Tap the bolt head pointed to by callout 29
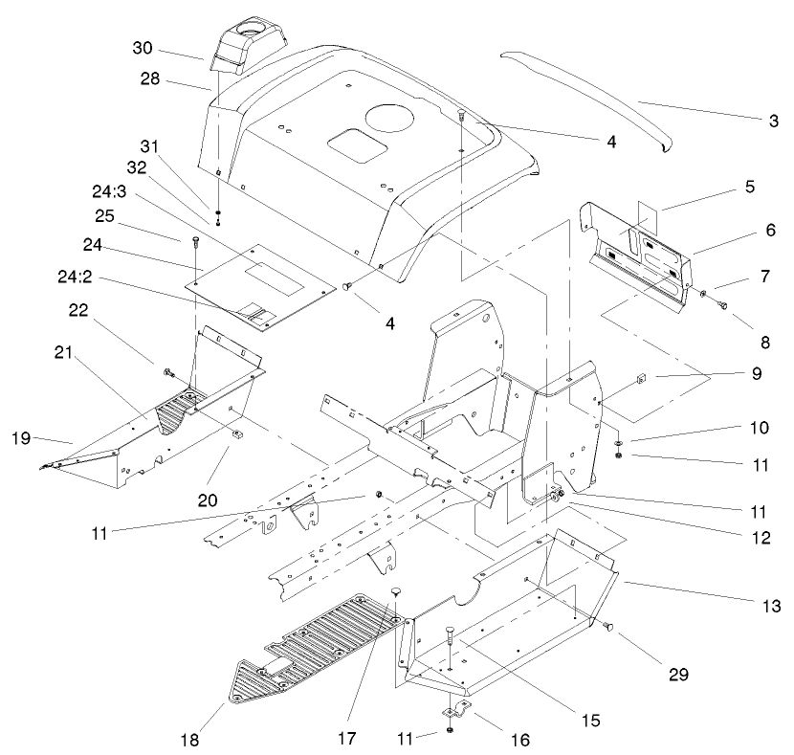click(x=606, y=627)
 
